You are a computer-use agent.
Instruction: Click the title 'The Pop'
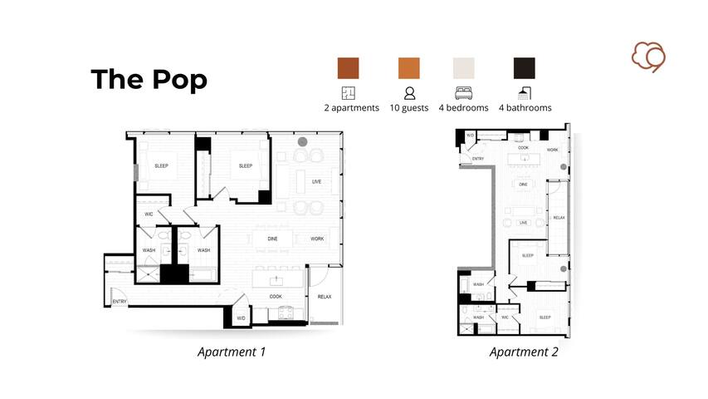pos(149,79)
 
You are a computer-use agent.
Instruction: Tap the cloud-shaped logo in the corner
pos(649,57)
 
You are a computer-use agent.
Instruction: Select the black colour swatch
pos(524,67)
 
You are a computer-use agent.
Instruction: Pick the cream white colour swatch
pos(463,67)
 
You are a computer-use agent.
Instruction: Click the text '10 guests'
pos(409,108)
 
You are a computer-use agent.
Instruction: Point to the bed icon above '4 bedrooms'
pos(463,92)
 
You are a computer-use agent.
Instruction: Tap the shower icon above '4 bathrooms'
pos(524,92)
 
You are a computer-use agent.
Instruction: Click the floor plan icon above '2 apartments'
pos(349,92)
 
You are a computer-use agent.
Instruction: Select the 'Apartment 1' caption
pos(231,352)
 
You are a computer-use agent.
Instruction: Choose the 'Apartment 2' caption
pos(523,352)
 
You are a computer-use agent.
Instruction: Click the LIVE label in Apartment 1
pos(316,181)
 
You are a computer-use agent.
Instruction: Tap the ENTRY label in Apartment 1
pos(120,302)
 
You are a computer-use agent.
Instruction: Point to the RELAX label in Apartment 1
pos(324,296)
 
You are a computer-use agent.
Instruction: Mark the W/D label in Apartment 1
pos(242,318)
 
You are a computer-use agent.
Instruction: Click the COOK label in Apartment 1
pos(276,296)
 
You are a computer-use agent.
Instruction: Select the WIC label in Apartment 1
pos(149,214)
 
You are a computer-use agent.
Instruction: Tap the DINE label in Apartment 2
pos(523,185)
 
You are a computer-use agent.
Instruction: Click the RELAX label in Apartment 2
pos(559,218)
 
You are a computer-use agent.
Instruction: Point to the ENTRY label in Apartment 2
pos(478,158)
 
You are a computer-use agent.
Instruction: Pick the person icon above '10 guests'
pos(409,92)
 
